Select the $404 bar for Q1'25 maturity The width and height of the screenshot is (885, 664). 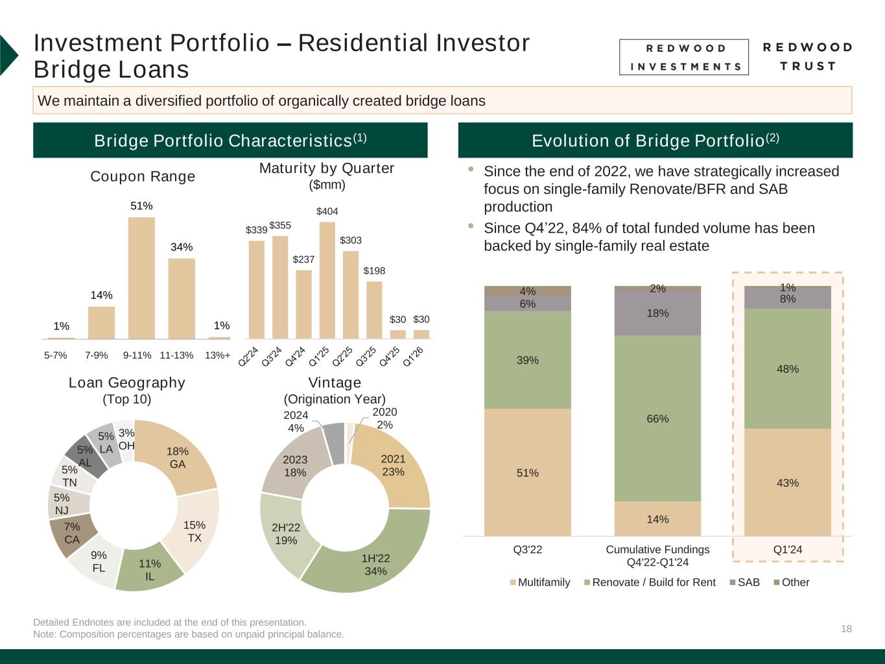point(327,280)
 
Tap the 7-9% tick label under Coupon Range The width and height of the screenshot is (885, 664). point(97,355)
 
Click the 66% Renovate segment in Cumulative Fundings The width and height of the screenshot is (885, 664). point(657,418)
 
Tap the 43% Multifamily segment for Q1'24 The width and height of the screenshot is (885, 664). point(787,482)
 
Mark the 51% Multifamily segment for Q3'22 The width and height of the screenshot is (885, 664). point(527,472)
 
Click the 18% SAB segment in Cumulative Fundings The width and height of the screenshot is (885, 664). point(657,313)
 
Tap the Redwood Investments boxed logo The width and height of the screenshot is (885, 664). point(683,57)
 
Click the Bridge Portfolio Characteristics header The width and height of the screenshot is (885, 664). point(230,140)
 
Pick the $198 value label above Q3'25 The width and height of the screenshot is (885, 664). point(374,270)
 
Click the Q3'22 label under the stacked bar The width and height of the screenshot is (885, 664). point(527,550)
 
